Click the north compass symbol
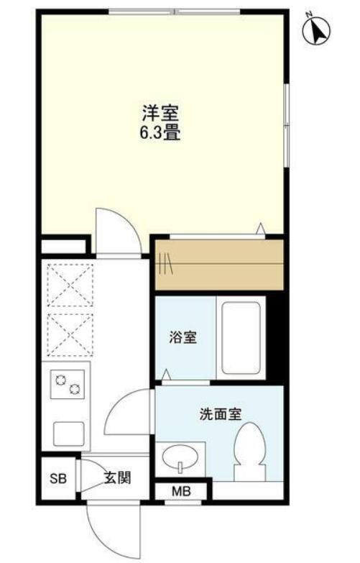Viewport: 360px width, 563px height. click(x=317, y=31)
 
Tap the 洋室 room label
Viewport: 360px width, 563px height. click(x=160, y=114)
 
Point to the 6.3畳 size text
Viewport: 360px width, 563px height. click(x=160, y=132)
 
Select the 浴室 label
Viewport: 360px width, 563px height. click(x=183, y=337)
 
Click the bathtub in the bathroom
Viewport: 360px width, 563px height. click(x=241, y=337)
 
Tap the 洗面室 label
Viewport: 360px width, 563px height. click(x=221, y=414)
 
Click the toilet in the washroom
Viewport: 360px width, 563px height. click(x=250, y=452)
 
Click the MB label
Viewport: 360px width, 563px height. click(x=181, y=491)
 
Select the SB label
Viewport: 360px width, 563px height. click(x=58, y=478)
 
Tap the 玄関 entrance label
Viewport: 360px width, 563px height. click(x=117, y=477)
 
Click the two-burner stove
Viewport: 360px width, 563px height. click(x=68, y=384)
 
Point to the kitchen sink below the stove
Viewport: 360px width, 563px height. click(x=69, y=434)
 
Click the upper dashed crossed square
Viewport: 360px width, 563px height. click(x=70, y=285)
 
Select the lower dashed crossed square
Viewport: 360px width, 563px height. click(x=70, y=334)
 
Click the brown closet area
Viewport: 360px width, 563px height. click(x=219, y=265)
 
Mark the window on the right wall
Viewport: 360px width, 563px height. click(x=286, y=125)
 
